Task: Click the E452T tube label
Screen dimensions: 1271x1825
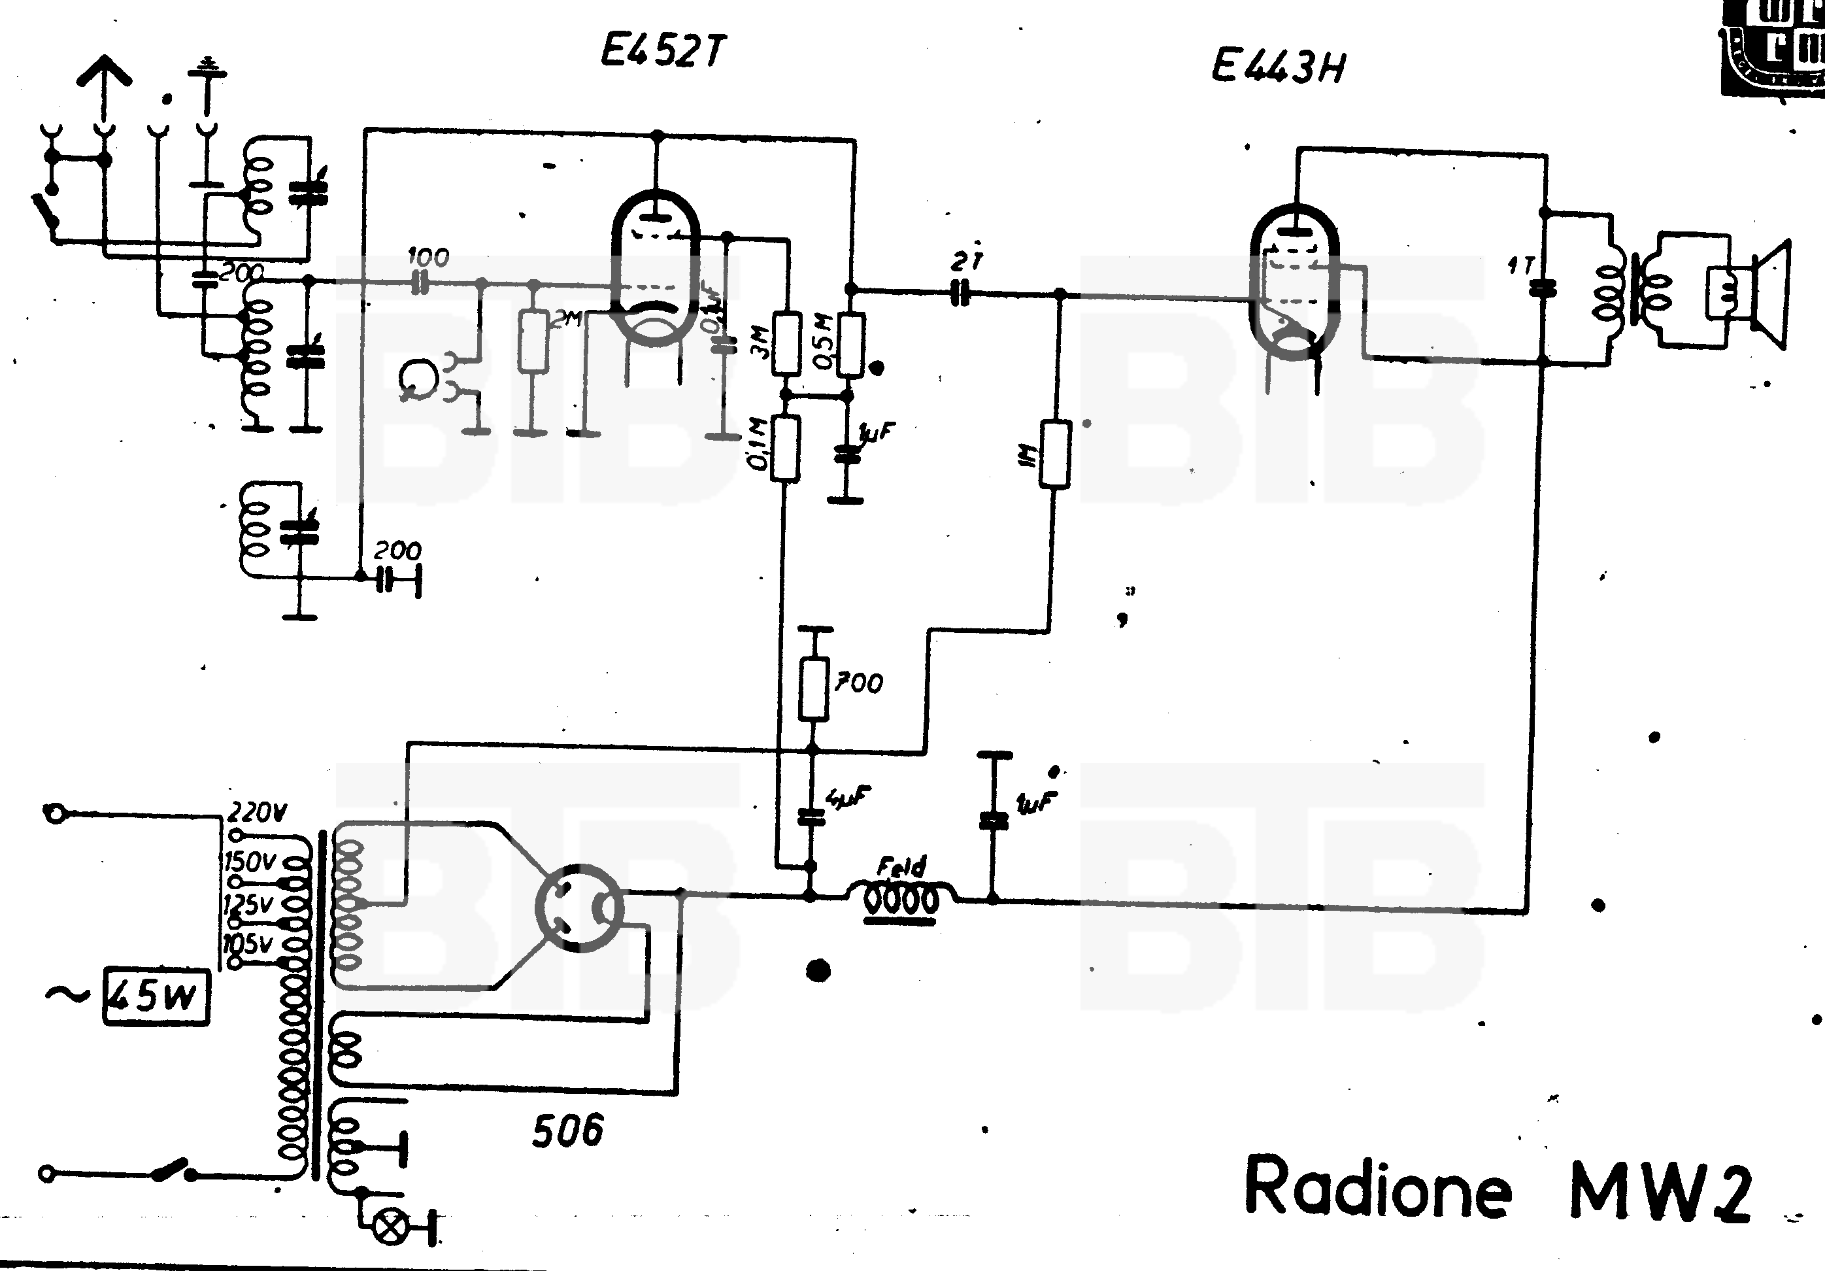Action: pos(662,52)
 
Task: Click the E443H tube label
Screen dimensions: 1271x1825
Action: pos(1277,66)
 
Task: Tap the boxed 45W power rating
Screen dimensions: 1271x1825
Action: pos(157,997)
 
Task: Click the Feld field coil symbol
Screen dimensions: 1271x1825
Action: pos(901,898)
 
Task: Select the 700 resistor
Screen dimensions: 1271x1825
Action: pos(813,688)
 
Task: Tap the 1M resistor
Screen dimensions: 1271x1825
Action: pos(1055,454)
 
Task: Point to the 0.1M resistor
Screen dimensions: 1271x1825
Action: pos(785,449)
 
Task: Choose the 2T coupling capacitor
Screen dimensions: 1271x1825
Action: pos(960,294)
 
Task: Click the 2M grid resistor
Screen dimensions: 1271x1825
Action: pos(533,342)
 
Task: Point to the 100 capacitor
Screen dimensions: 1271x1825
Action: pos(420,282)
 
